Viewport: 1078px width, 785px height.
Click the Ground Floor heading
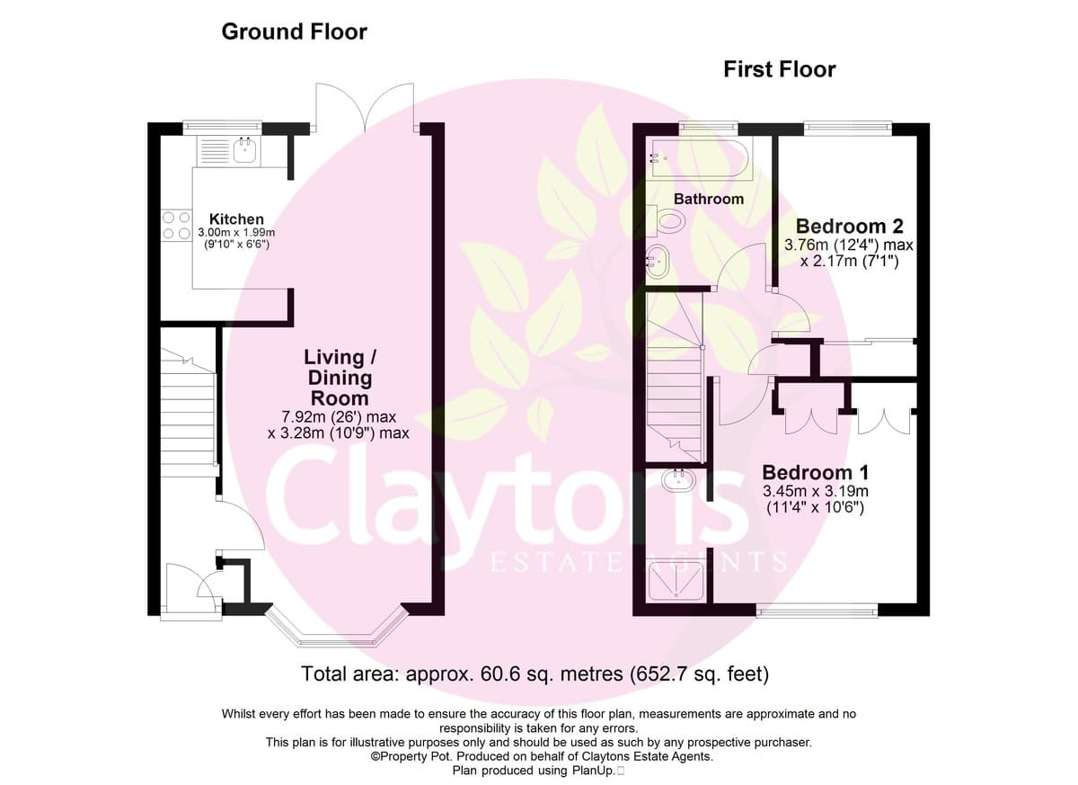(294, 31)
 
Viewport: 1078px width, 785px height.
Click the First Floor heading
(780, 69)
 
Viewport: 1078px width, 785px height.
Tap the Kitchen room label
(236, 219)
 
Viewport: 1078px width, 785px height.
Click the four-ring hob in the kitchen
(177, 226)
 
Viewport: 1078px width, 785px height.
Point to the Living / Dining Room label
(340, 378)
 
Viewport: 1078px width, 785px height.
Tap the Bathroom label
(709, 199)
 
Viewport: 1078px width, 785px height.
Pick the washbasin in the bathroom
(657, 263)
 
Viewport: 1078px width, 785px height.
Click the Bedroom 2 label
(850, 226)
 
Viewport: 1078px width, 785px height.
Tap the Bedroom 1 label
(816, 472)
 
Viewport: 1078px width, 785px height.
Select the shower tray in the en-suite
(676, 582)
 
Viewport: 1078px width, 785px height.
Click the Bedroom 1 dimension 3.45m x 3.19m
(816, 491)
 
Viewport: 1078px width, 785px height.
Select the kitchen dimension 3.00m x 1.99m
(236, 233)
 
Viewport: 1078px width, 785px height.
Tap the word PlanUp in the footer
(594, 771)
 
